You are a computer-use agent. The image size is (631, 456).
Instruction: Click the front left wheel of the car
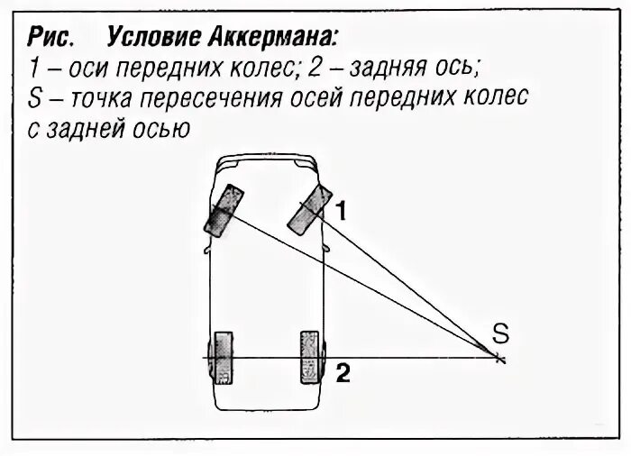coord(223,210)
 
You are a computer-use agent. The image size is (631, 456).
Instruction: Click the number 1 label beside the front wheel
coord(342,211)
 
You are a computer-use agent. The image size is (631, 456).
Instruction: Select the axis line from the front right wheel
coord(406,285)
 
